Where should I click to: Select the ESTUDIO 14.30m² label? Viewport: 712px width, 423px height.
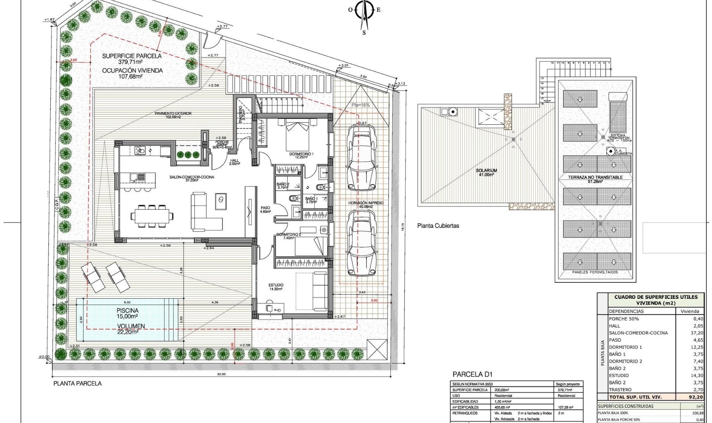276,287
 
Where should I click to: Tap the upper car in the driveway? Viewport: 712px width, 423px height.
360,158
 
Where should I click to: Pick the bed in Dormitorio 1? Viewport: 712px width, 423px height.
297,135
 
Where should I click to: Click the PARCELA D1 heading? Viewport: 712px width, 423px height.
472,374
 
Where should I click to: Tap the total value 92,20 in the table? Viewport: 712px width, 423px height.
695,397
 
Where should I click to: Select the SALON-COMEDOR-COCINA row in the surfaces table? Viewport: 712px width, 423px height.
638,333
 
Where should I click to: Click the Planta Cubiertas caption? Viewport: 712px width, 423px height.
438,226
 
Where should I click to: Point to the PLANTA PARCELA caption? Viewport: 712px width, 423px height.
77,383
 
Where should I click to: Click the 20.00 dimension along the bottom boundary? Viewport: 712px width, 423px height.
221,374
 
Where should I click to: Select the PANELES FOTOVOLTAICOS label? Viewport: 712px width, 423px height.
595,272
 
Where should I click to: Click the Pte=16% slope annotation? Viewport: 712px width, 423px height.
360,105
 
